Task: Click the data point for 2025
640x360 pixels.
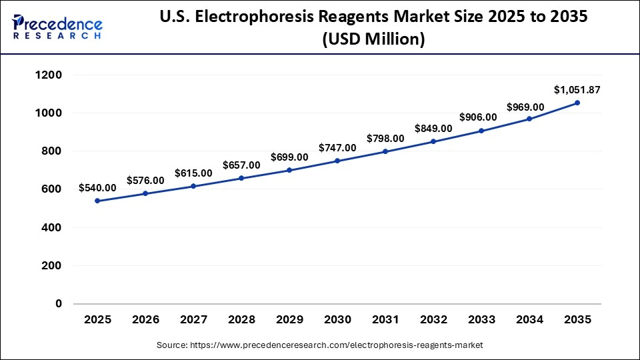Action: point(97,201)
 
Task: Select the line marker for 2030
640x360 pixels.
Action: point(337,161)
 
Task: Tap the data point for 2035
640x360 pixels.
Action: point(577,103)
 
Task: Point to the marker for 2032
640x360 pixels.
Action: point(433,141)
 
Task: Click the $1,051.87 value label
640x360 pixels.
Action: point(577,89)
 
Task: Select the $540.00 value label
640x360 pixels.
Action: point(97,188)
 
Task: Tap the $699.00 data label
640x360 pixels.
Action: point(289,157)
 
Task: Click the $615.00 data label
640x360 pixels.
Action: point(193,173)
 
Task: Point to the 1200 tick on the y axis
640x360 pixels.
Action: point(49,75)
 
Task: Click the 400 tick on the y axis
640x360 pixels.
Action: point(53,227)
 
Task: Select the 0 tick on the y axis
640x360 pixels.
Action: point(58,303)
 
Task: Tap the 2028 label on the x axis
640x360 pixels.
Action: point(241,319)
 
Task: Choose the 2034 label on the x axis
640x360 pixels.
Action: point(529,319)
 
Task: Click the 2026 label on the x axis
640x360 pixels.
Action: point(145,319)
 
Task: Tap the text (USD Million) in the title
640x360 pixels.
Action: point(373,40)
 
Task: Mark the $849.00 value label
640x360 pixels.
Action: point(433,128)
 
